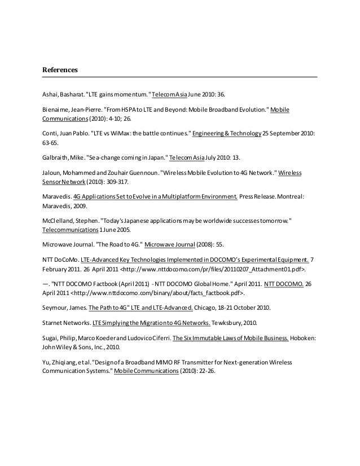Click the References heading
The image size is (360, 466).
[60, 71]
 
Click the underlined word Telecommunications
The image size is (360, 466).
[70, 231]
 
